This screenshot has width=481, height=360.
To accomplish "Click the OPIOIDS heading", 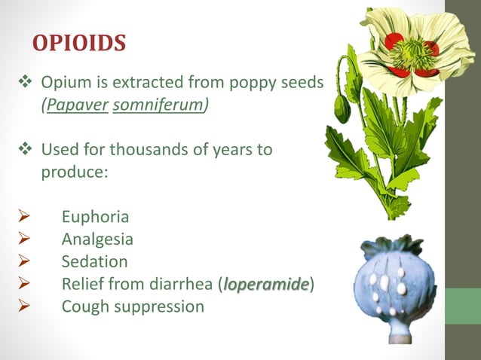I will click(78, 43).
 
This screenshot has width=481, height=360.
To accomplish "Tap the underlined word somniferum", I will click(158, 105).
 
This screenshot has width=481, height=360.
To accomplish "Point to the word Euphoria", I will click(95, 217).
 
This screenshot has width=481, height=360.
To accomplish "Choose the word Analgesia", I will click(97, 239).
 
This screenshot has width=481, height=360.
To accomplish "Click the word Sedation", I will click(94, 262).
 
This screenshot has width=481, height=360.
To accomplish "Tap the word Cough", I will click(84, 307).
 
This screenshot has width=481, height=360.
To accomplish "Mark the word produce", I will click(73, 172).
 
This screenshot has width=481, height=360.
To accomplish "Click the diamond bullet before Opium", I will click(23, 81).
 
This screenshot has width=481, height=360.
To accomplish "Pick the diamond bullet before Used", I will click(23, 149).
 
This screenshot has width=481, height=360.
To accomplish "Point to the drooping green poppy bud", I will click(343, 108).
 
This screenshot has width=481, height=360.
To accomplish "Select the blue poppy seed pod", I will click(394, 285).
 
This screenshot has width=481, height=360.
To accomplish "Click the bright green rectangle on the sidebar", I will click(462, 306).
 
